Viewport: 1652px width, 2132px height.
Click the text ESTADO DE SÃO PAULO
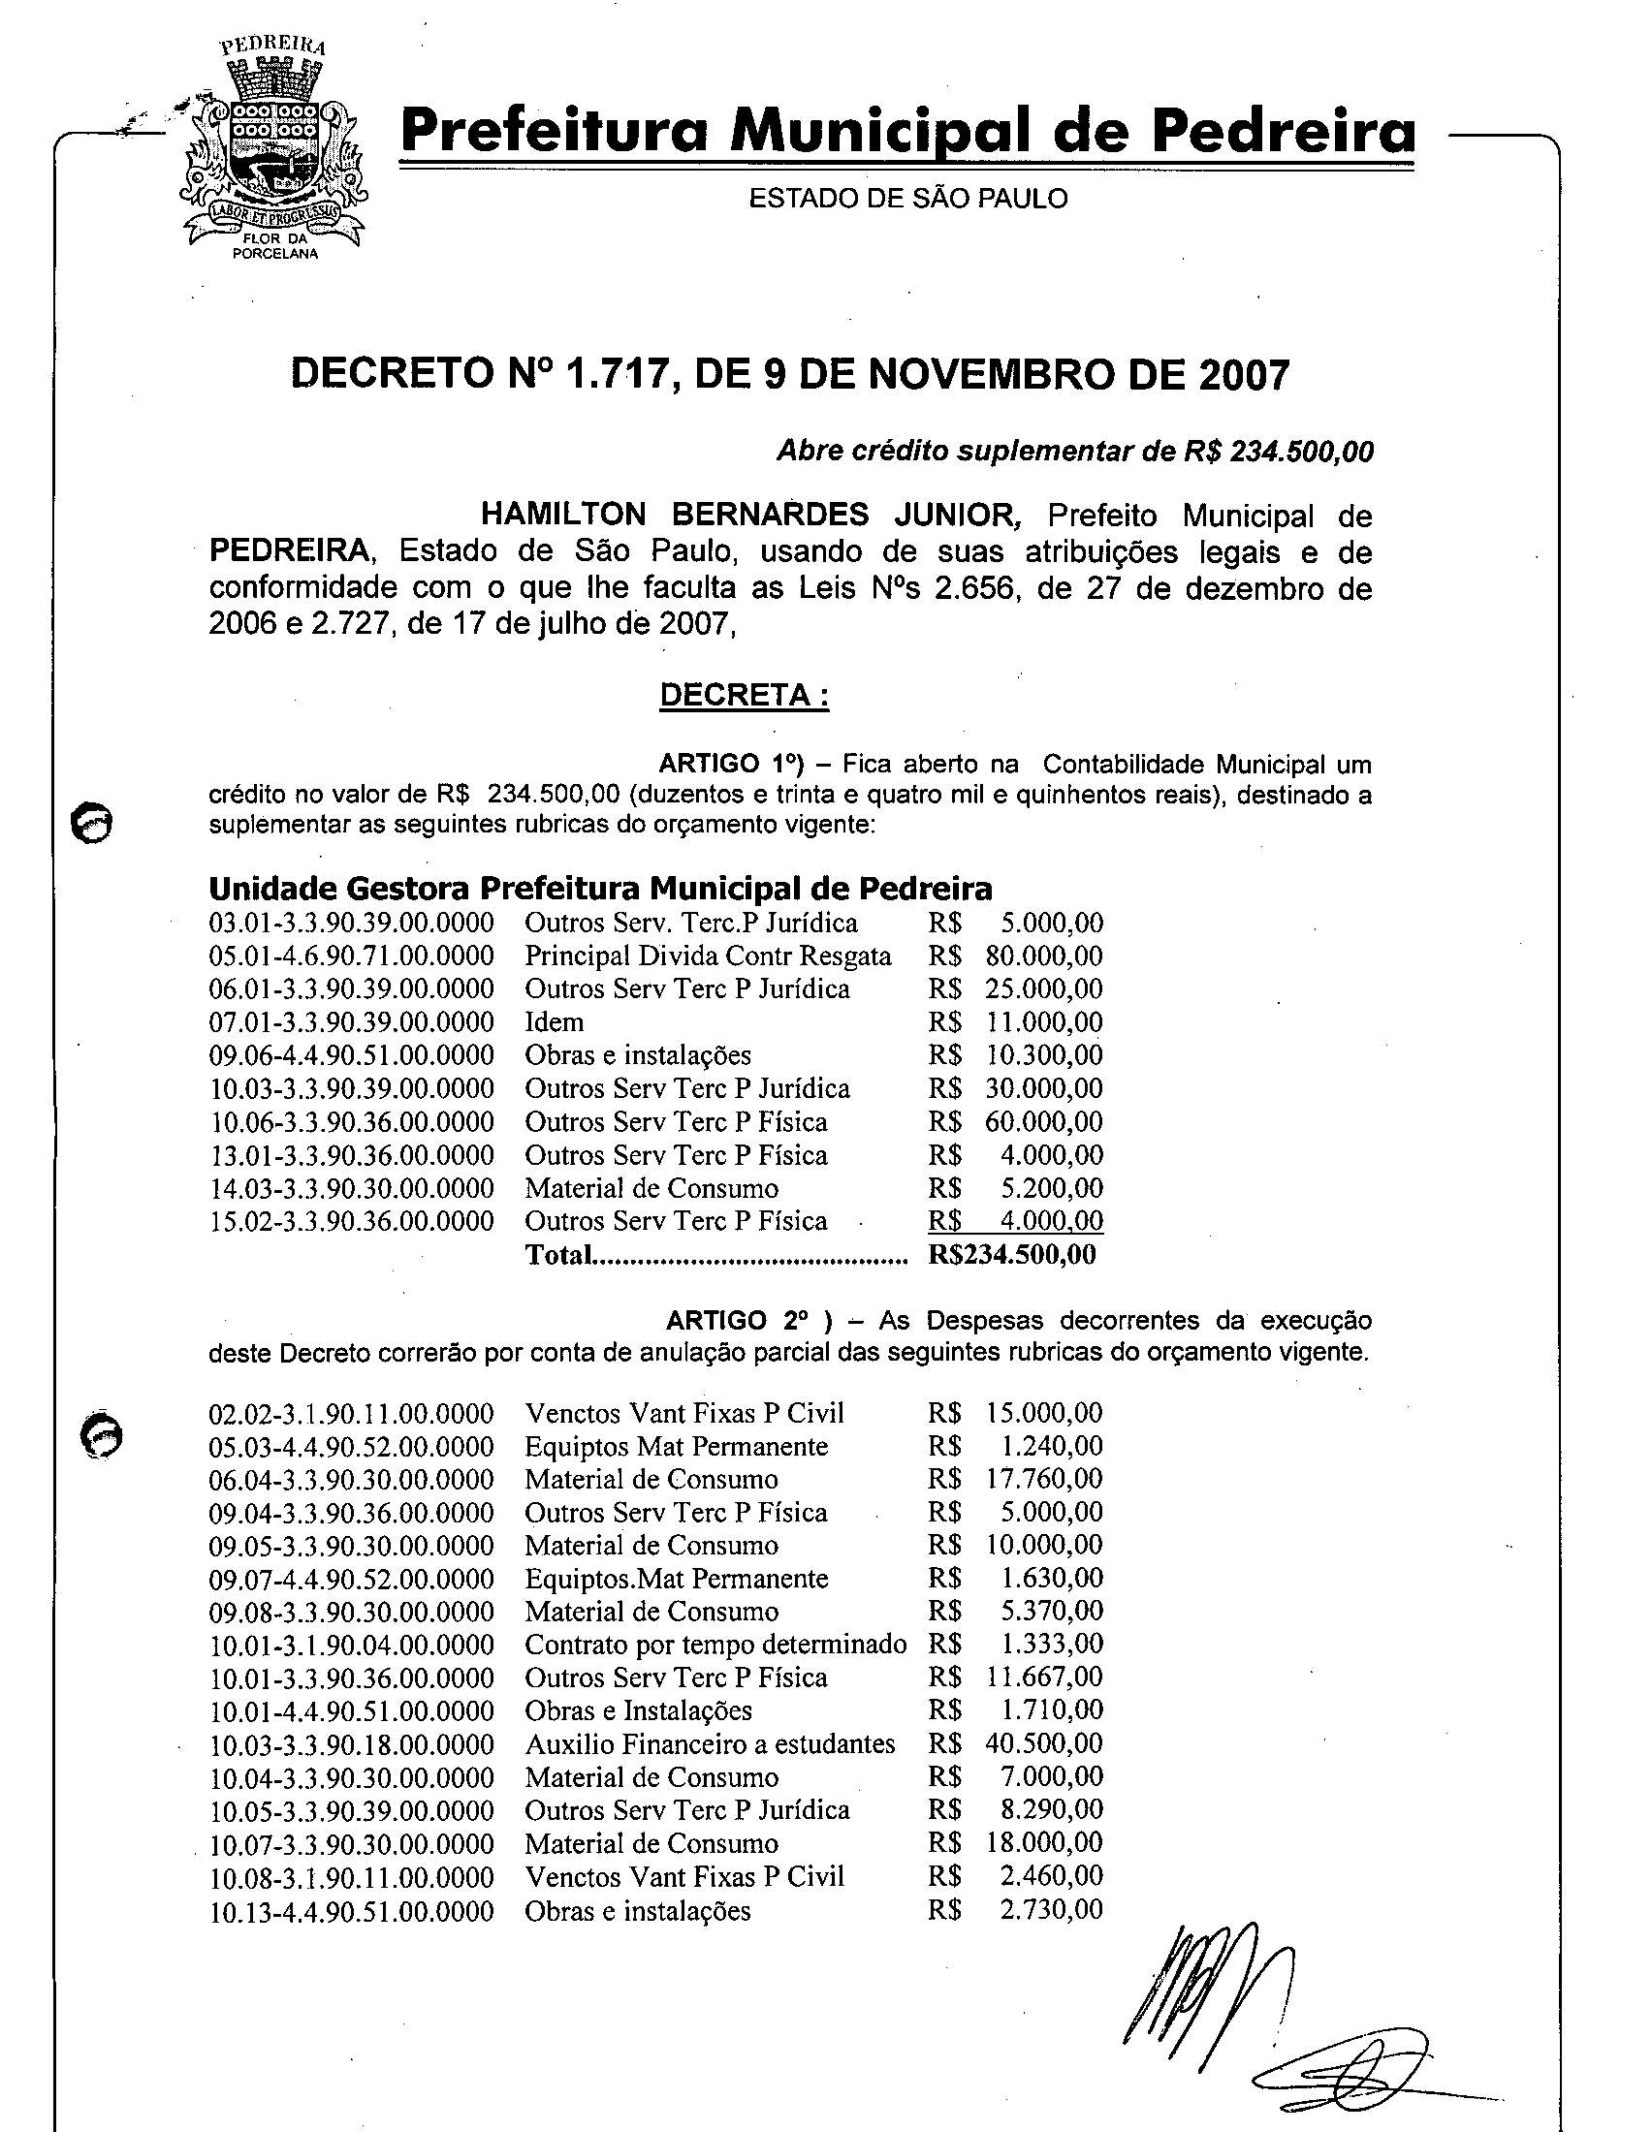pos(908,199)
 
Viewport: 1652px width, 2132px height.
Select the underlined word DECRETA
pos(744,695)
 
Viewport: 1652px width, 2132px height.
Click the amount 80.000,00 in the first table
pos(1044,956)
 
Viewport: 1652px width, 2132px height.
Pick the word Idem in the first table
pos(554,1022)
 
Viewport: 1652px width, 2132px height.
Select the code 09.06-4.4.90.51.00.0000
pos(352,1055)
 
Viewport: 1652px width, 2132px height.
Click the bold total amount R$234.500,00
pos(1011,1254)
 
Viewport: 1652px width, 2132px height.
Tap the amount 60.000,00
pos(1044,1121)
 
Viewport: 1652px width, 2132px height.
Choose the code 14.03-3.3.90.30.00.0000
pos(352,1188)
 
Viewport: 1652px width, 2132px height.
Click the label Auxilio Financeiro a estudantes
pos(710,1744)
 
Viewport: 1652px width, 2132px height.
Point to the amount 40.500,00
pos(1044,1743)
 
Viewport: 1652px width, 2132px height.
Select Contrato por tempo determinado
pos(715,1645)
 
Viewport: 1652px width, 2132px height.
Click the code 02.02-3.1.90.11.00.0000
pos(352,1414)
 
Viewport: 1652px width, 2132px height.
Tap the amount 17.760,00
pos(1044,1479)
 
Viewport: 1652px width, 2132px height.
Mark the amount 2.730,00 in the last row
pos(1051,1909)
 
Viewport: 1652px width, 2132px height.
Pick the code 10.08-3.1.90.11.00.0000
pos(352,1877)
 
